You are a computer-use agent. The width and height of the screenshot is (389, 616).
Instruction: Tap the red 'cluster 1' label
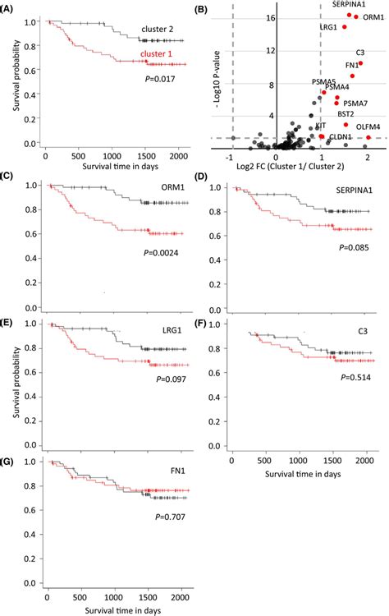coord(158,55)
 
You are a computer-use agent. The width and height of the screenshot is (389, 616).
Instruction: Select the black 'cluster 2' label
coord(158,29)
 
